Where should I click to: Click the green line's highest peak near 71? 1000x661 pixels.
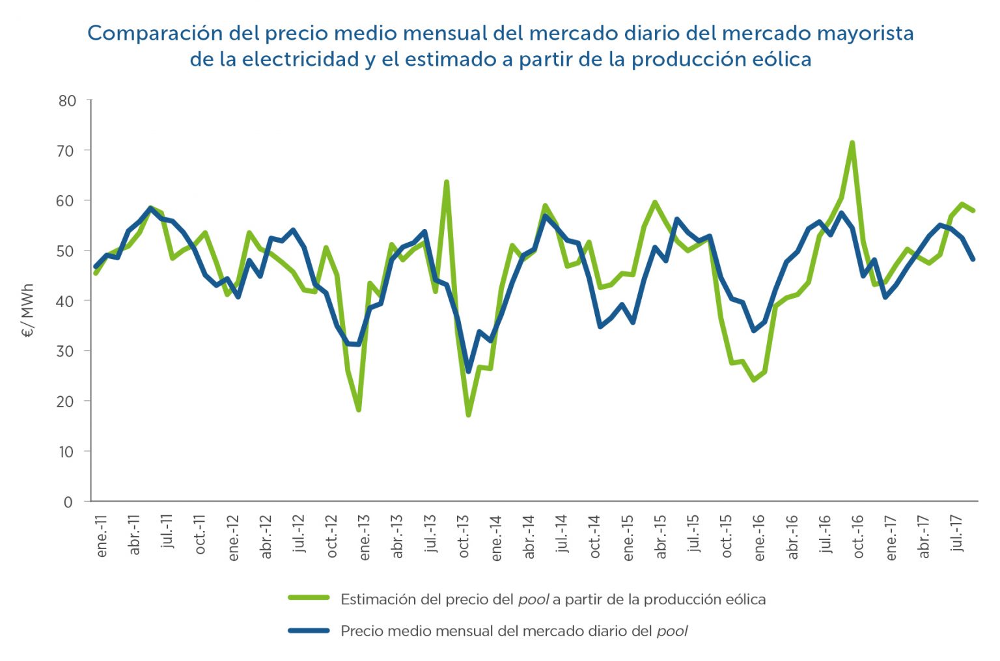(x=852, y=143)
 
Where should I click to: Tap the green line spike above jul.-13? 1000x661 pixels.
(x=447, y=183)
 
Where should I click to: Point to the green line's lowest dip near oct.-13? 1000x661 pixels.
(x=468, y=414)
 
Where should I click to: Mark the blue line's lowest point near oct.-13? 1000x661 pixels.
(x=468, y=371)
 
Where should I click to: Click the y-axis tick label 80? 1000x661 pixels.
(x=67, y=101)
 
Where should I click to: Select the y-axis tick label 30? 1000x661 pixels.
(x=67, y=351)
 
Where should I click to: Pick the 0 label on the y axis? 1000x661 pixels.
(x=68, y=502)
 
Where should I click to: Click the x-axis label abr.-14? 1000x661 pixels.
(x=529, y=537)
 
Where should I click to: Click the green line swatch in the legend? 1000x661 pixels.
(x=309, y=598)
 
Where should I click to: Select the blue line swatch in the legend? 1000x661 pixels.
(x=309, y=630)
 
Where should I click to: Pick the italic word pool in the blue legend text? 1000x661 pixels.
(x=672, y=630)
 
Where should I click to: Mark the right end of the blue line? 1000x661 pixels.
(x=973, y=259)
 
